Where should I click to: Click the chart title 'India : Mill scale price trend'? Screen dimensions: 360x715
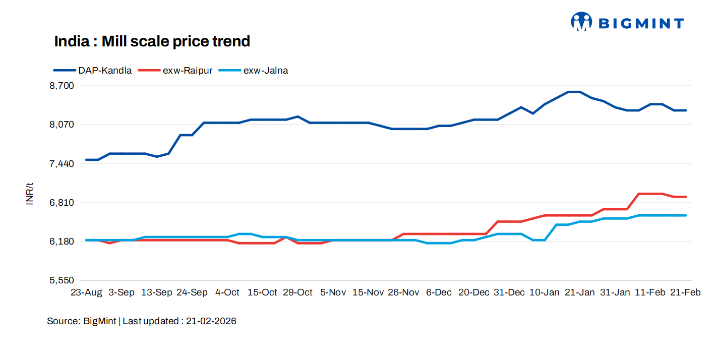coord(152,41)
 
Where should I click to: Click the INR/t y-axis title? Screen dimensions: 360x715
coord(30,194)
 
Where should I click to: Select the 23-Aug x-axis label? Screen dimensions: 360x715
coord(86,292)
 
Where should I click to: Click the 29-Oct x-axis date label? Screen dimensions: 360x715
coord(297,292)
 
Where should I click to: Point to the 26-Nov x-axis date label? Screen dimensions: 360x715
coord(403,292)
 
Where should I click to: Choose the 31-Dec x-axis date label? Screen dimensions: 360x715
coord(509,292)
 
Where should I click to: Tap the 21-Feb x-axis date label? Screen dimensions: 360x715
coord(685,292)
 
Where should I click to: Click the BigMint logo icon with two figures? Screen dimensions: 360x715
coord(581,22)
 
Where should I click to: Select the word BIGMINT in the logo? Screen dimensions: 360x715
coord(640,23)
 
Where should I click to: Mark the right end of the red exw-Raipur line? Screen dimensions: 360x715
coord(686,197)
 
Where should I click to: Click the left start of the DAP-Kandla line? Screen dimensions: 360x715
coord(86,160)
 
